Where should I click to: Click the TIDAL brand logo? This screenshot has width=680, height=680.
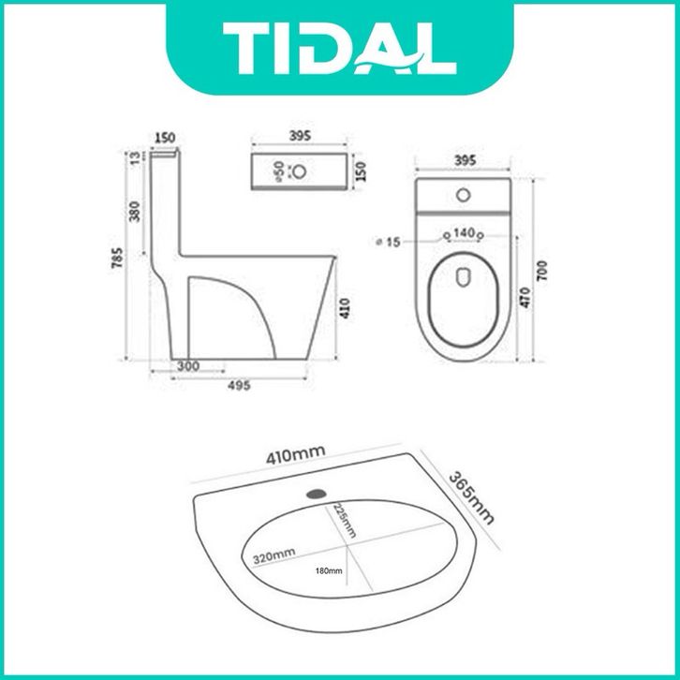click(x=339, y=48)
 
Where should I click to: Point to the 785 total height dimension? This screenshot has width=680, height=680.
click(x=118, y=258)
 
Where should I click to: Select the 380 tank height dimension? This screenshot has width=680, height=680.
click(x=135, y=211)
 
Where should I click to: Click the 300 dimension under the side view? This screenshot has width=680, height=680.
click(x=188, y=366)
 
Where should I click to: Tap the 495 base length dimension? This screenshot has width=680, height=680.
click(x=239, y=385)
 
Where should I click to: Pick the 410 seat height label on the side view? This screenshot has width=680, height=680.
click(x=345, y=308)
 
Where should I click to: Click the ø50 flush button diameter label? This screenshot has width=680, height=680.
click(x=279, y=171)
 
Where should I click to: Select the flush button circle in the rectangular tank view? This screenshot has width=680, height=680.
click(x=299, y=171)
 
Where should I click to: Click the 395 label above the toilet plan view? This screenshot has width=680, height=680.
click(x=466, y=160)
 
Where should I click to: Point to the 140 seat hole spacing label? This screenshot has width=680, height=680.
click(x=464, y=233)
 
